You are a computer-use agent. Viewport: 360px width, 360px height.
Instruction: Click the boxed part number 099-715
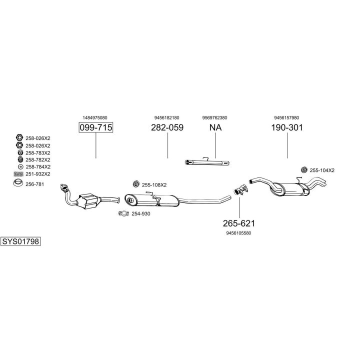(x=96, y=127)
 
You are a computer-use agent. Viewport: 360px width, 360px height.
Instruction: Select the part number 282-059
(x=167, y=127)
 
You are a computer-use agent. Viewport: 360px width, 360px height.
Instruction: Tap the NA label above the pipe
(x=215, y=127)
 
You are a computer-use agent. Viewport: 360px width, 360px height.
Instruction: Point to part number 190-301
(x=287, y=127)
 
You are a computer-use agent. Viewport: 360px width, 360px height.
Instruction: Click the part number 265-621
(x=239, y=223)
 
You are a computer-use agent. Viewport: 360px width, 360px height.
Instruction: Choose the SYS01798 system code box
(x=20, y=241)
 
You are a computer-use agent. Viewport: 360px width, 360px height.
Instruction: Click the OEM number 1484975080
(x=95, y=118)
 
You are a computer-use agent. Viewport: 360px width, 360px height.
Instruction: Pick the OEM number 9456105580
(x=238, y=233)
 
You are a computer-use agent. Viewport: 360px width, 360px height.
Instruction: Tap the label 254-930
(x=140, y=214)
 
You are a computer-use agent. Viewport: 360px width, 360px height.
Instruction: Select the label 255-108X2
(x=154, y=185)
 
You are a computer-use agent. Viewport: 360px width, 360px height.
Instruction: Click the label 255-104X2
(x=322, y=170)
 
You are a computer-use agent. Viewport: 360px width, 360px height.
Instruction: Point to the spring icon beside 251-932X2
(x=18, y=174)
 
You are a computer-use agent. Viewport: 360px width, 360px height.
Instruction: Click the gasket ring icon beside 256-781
(x=18, y=183)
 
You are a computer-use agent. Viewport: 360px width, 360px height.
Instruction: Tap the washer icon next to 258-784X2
(x=20, y=167)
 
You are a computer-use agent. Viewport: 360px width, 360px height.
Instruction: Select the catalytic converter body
(x=88, y=200)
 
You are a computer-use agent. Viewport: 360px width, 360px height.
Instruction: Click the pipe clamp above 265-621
(x=241, y=189)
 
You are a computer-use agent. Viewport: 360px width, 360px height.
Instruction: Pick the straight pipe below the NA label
(x=207, y=162)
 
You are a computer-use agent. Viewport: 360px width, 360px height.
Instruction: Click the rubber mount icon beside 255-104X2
(x=304, y=170)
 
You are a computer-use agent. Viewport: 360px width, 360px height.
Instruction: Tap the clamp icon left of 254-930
(x=124, y=213)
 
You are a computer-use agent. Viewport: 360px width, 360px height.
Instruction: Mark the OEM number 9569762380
(x=214, y=118)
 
